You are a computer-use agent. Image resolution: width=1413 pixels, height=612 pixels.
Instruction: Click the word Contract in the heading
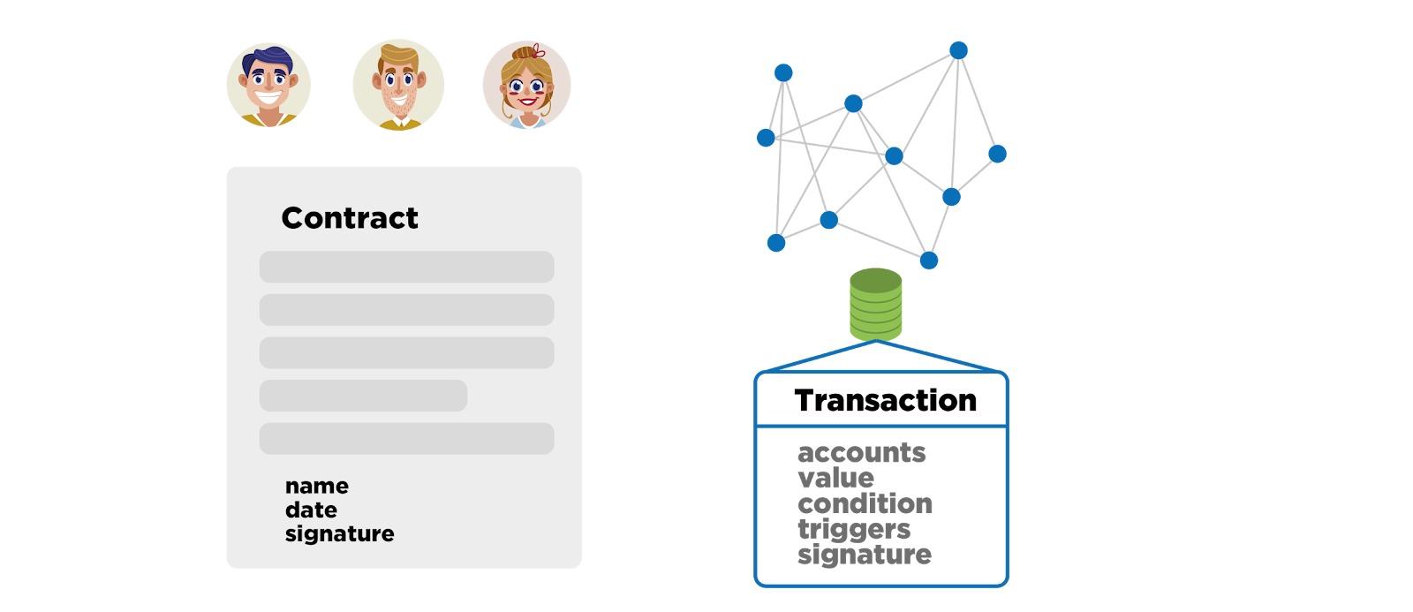click(x=350, y=217)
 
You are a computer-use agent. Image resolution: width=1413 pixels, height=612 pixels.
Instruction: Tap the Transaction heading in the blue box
click(x=886, y=400)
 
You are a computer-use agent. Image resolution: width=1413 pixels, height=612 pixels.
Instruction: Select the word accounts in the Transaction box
click(x=862, y=452)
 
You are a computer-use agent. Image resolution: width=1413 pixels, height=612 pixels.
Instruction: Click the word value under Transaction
click(x=835, y=478)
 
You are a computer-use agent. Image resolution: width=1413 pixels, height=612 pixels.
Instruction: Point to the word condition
click(x=865, y=503)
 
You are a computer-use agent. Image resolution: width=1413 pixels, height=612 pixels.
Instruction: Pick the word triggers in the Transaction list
click(x=854, y=529)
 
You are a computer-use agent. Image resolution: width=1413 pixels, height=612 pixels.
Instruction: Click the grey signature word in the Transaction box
click(x=865, y=555)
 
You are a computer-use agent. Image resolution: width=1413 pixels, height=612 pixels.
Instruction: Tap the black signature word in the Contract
click(x=339, y=533)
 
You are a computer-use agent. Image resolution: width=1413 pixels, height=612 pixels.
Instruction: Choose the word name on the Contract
click(x=317, y=486)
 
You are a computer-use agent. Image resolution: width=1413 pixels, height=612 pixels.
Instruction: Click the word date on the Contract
click(x=311, y=510)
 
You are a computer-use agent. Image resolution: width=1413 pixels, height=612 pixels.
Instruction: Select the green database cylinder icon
click(x=875, y=304)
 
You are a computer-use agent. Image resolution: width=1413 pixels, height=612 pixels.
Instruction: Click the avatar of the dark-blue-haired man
click(x=268, y=85)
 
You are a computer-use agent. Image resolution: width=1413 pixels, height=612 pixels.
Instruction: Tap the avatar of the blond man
click(x=398, y=85)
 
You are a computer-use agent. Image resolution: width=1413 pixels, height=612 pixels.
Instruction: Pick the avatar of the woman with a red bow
click(x=526, y=85)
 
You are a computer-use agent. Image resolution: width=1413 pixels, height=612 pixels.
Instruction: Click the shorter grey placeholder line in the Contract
click(x=363, y=396)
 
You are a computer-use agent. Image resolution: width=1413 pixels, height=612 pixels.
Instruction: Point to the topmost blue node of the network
click(x=958, y=50)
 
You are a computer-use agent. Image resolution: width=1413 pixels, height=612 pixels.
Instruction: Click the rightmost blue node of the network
click(x=997, y=154)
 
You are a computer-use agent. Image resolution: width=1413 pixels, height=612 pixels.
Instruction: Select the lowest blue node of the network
click(x=928, y=260)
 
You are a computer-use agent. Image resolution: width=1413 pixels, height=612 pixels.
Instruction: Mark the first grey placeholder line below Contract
click(x=407, y=267)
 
